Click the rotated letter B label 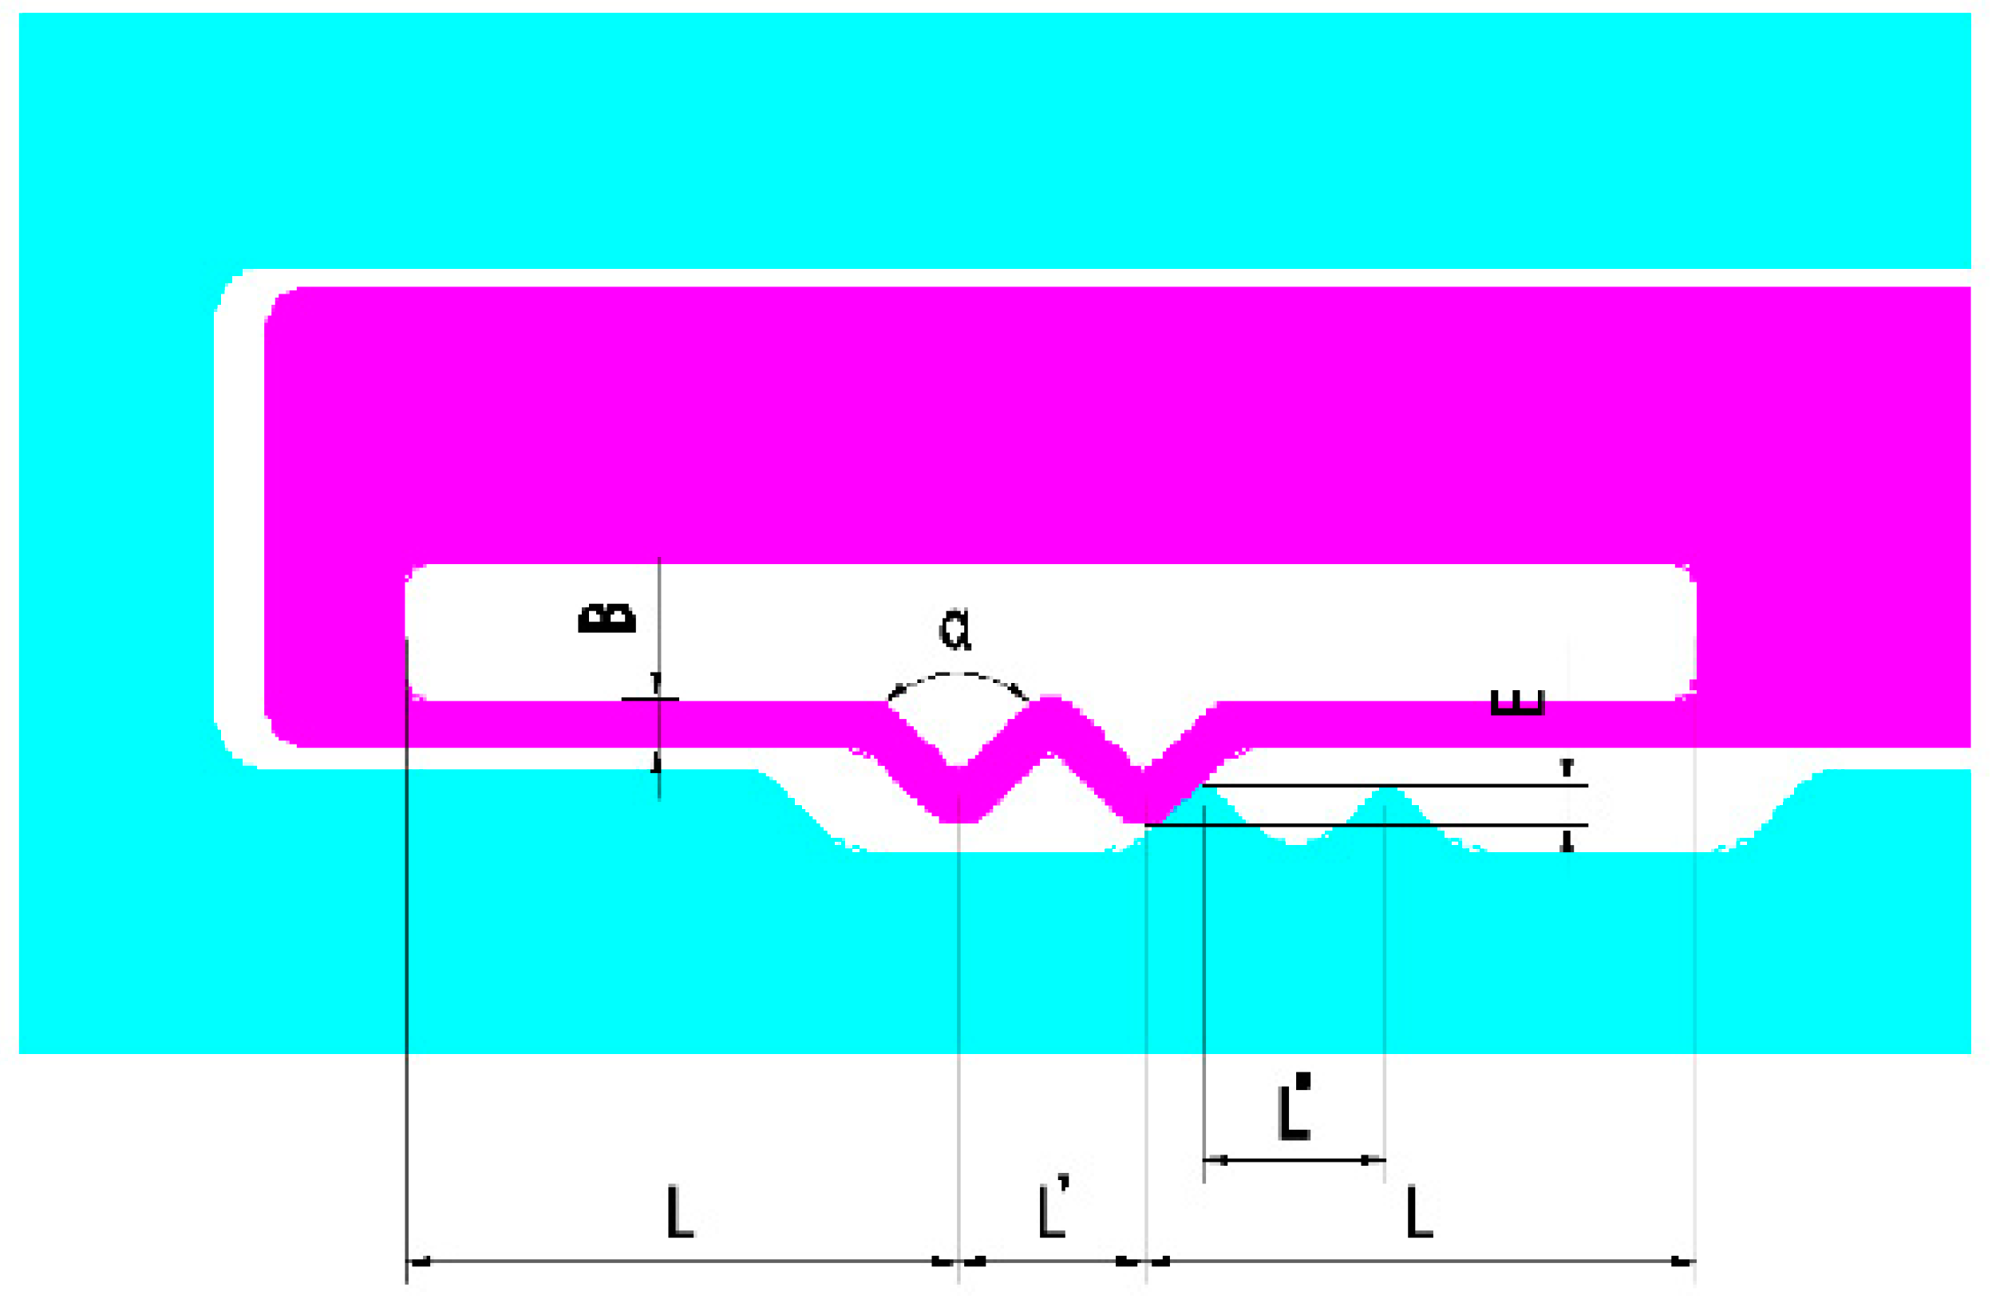(607, 618)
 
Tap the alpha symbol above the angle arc (955, 630)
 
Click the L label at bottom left (680, 1211)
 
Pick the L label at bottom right (1420, 1211)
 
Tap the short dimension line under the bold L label (1294, 1160)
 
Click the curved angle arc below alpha (958, 673)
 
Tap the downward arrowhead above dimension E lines (1567, 767)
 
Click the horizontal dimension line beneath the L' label (1052, 1261)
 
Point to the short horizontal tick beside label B (650, 698)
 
